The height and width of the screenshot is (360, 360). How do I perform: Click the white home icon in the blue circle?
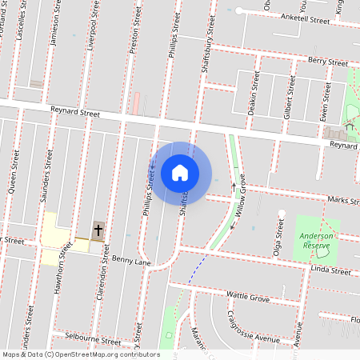tap(180, 172)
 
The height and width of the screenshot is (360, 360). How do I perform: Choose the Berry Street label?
tap(328, 61)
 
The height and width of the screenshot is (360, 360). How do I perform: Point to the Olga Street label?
tap(280, 235)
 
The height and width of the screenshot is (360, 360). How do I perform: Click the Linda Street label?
tap(330, 272)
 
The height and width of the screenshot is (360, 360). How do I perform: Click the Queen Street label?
tap(13, 173)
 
